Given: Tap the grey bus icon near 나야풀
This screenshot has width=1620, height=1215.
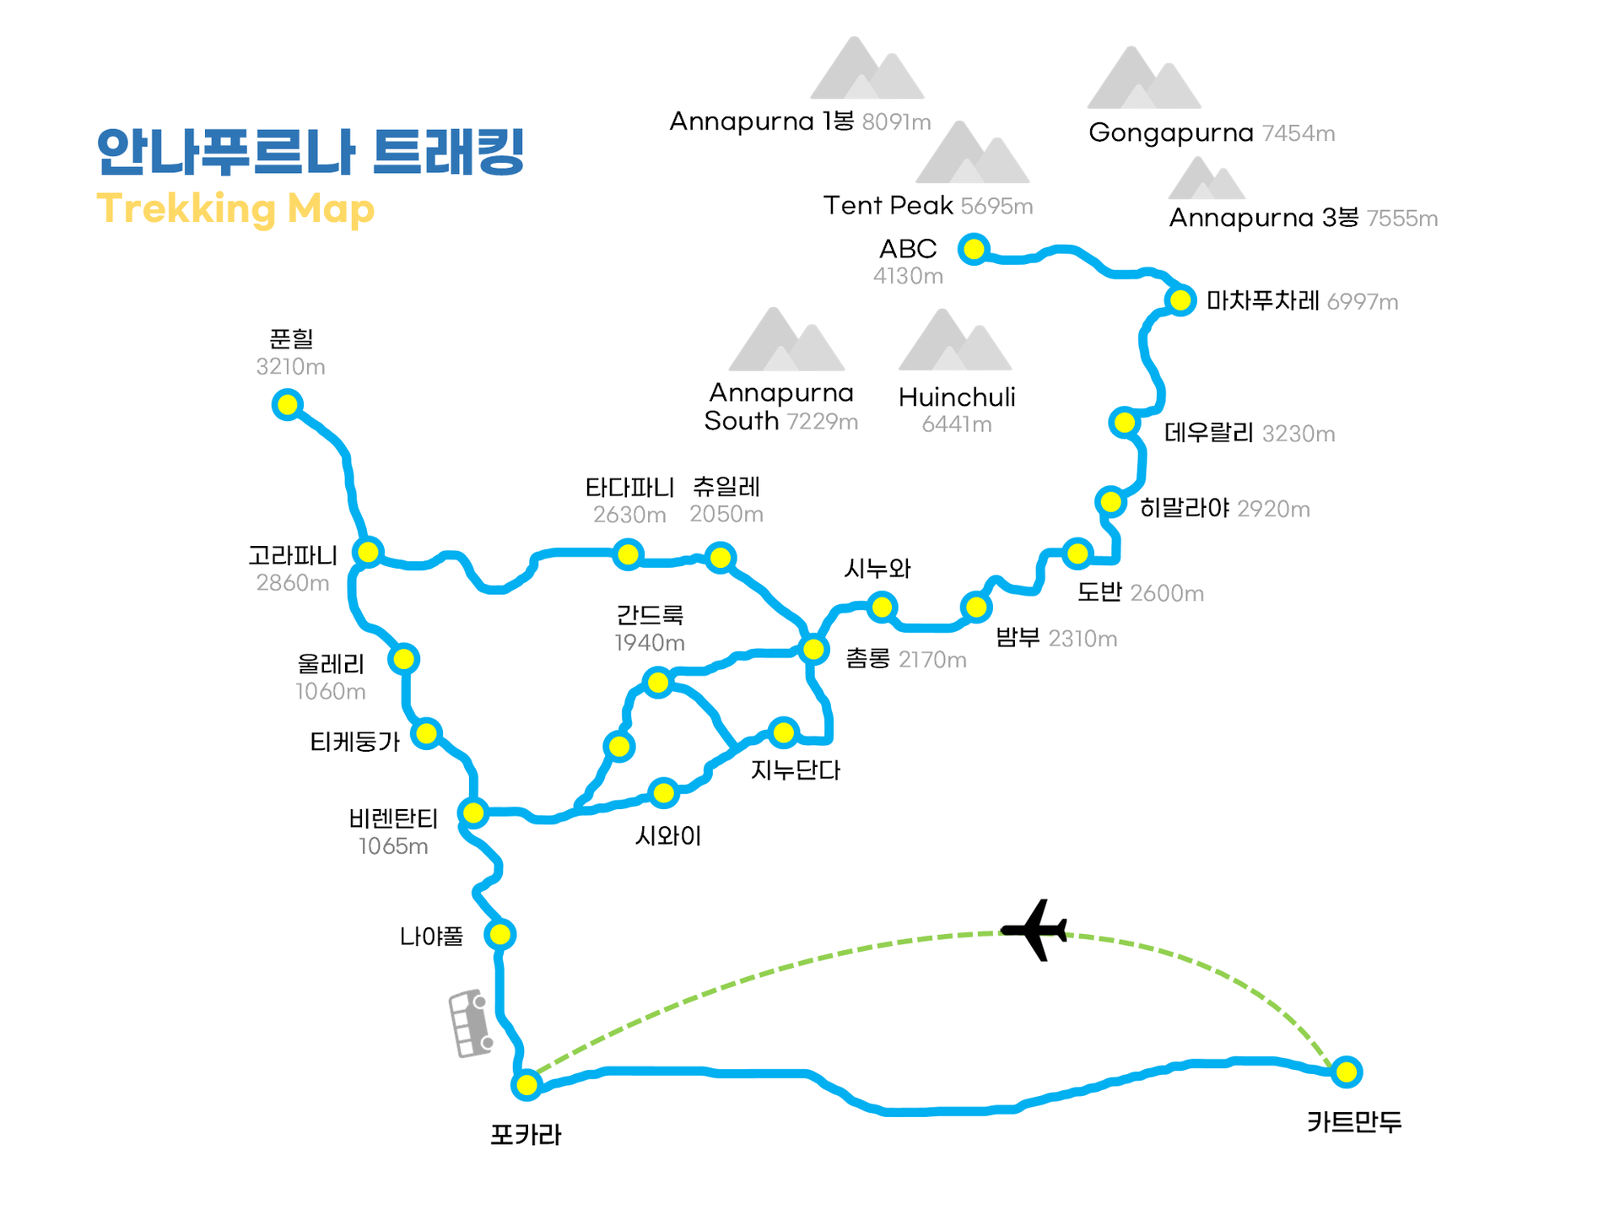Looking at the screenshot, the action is pos(470,1023).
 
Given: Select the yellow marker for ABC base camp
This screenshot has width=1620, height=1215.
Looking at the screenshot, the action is pos(974,249).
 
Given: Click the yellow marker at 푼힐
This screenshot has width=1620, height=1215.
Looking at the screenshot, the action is pos(288,404).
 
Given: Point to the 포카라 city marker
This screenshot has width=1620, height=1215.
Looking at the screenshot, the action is pos(526,1084).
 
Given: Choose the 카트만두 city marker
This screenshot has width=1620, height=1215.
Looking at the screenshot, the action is pos(1347,1072).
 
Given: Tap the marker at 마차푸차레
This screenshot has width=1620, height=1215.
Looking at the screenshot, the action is pos(1180,300).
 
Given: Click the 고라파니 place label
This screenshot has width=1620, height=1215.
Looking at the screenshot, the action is pos(293,555).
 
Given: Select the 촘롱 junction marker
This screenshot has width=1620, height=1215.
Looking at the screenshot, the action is pos(813,649).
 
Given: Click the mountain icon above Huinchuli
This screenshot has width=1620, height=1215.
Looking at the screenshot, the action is pos(955,341).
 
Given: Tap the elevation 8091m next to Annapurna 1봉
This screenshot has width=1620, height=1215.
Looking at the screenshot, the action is pos(896,122).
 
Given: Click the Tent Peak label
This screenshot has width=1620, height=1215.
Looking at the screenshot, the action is pos(888,205).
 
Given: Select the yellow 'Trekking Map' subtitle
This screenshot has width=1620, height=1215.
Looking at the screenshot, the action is pos(235,209).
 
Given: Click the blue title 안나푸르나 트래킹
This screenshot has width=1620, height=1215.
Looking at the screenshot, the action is pos(310,152).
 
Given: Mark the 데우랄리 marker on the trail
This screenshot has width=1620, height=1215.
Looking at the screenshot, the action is pos(1125,422).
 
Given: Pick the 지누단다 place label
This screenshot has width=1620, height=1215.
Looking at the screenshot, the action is pos(796,770).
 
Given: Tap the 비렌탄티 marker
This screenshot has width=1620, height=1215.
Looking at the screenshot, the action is pos(473,813).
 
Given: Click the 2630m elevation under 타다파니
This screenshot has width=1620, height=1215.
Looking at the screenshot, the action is pos(629,515).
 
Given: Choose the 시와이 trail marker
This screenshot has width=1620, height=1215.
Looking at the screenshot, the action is pos(664,792).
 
